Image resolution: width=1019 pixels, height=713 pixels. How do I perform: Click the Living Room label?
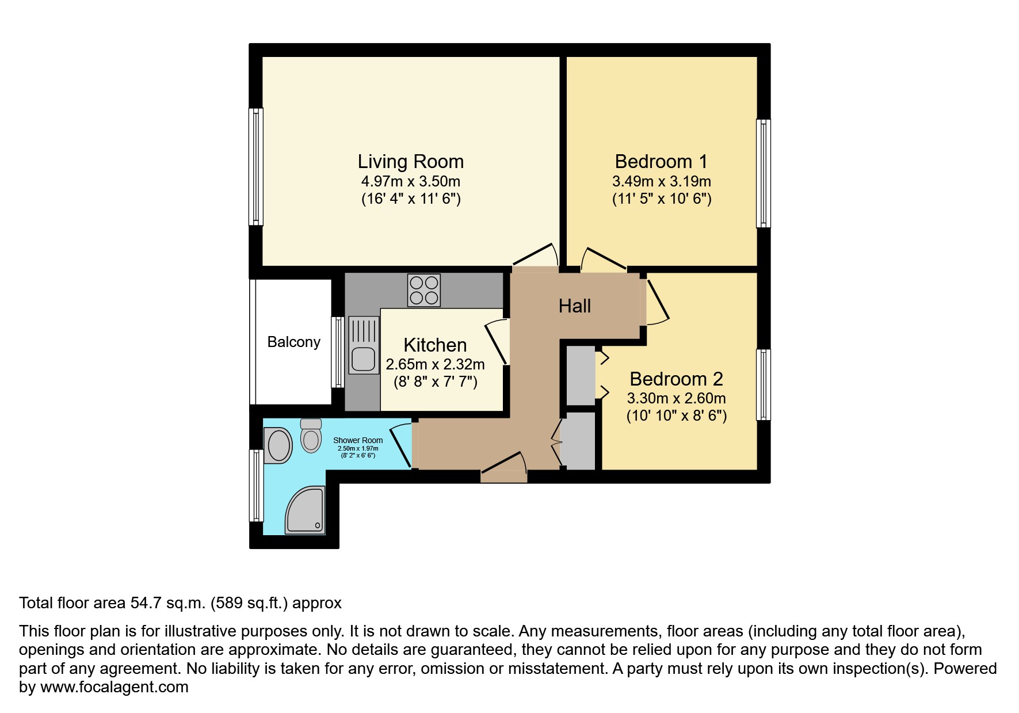point(410,162)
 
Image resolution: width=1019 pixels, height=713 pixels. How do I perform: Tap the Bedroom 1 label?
point(661,162)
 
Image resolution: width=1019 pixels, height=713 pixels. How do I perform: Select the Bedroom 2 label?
point(676,379)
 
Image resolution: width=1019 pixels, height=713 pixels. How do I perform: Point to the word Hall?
point(575,306)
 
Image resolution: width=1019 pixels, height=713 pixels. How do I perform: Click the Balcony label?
point(294,342)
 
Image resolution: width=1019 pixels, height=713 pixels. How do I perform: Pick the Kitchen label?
point(435,345)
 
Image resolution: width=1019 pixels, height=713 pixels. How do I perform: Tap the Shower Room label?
point(358,440)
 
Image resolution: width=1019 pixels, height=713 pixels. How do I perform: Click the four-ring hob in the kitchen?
point(424,290)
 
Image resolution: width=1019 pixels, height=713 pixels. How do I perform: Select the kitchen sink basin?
point(364,360)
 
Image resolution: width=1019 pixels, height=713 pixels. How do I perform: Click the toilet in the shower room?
point(311,436)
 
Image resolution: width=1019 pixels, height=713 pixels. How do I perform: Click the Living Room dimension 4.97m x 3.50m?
point(411,182)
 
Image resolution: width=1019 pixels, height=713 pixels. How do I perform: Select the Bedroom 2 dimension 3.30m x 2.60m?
point(677,398)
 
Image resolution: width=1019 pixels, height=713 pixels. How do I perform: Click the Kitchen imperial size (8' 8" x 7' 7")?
point(436,382)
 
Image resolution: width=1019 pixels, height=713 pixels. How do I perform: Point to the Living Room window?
point(256,166)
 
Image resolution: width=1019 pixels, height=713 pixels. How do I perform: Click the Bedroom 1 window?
point(763,173)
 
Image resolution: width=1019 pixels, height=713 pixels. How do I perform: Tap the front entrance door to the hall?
point(504,467)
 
